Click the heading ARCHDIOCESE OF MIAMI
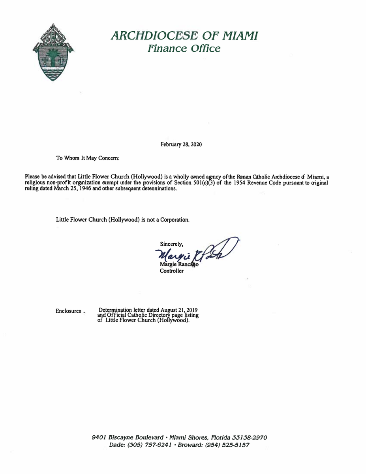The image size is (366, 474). point(185,36)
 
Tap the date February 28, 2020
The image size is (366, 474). point(181,145)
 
